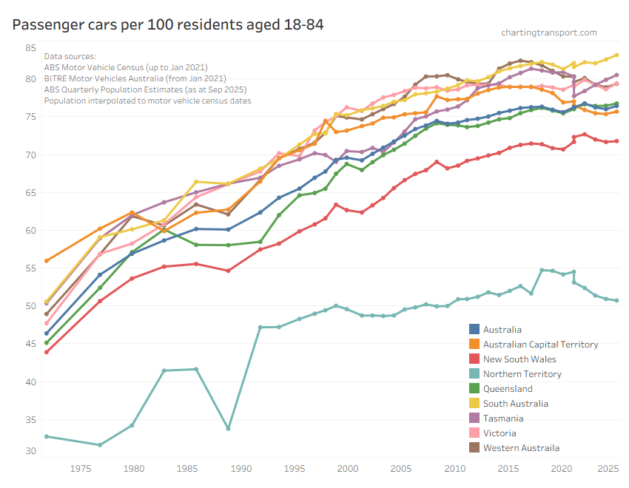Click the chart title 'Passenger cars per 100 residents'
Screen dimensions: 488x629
168,24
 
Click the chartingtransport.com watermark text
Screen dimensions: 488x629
548,33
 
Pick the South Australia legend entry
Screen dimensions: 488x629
515,404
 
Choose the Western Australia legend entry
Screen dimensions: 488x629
521,448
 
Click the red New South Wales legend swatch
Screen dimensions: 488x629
475,359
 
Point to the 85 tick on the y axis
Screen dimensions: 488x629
30,48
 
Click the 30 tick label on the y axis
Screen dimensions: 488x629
30,451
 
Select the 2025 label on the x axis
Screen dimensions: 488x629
608,467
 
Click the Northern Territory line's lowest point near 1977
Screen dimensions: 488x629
100,444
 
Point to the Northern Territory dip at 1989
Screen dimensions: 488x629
228,429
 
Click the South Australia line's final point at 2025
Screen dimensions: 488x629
616,55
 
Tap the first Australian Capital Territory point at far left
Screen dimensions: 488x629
47,261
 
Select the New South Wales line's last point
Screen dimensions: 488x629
616,141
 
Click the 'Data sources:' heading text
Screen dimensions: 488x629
70,56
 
